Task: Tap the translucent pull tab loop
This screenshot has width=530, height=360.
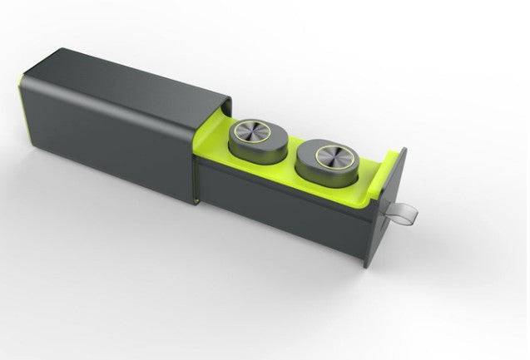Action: (x=409, y=216)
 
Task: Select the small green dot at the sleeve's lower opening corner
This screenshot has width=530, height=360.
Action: (x=196, y=200)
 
